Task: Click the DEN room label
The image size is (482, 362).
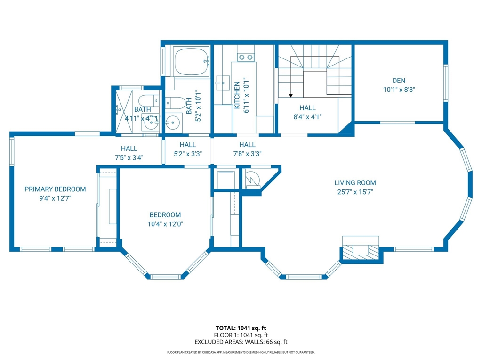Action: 399,81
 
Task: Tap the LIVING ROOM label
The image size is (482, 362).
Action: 355,183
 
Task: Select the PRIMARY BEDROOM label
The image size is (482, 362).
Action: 55,189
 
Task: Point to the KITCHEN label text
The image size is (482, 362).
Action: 237,95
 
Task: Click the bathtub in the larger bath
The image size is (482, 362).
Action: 192,61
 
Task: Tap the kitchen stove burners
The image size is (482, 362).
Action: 246,57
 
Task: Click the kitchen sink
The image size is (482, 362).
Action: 223,83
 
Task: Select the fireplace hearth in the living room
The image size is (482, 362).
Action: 361,250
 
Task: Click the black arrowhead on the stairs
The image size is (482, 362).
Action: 291,96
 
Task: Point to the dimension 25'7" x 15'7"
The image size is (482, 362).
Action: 355,192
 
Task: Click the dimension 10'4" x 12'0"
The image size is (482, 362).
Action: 165,224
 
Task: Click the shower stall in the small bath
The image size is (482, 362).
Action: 124,112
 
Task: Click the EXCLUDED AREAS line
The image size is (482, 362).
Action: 241,342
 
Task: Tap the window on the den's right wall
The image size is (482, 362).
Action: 445,82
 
